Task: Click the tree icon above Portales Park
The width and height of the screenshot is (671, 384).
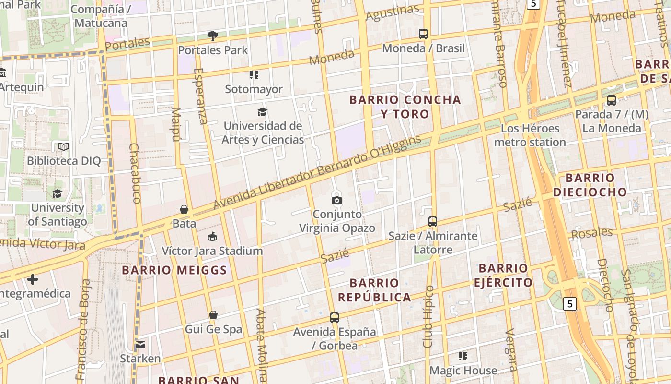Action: (213, 36)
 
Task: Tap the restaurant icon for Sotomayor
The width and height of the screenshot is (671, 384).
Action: (254, 75)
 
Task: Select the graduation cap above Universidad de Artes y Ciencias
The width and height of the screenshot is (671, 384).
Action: (262, 112)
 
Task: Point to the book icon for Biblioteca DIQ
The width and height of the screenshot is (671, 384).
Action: (64, 146)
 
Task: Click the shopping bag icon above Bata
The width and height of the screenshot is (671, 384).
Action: (184, 209)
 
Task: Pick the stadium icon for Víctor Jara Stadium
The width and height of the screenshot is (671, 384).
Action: (212, 236)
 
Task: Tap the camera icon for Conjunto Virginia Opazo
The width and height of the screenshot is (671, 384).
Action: (337, 200)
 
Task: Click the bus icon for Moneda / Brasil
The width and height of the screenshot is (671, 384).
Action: (423, 34)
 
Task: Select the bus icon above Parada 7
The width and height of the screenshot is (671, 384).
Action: (612, 100)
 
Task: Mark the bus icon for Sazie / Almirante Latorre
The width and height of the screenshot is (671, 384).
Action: (433, 222)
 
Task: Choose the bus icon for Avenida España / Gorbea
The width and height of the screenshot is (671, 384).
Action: (335, 317)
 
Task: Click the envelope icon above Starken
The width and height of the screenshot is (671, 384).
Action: (140, 344)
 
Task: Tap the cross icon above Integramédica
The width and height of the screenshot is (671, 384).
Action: (33, 279)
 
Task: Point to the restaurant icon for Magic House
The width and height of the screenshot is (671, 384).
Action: (463, 356)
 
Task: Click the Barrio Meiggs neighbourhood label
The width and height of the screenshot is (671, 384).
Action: (174, 270)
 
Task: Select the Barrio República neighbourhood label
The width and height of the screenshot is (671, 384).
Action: (374, 290)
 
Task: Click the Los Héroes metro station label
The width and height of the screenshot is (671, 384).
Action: (530, 135)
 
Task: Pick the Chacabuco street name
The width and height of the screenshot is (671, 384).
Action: (135, 173)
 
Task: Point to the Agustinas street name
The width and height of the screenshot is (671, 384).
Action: (392, 13)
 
